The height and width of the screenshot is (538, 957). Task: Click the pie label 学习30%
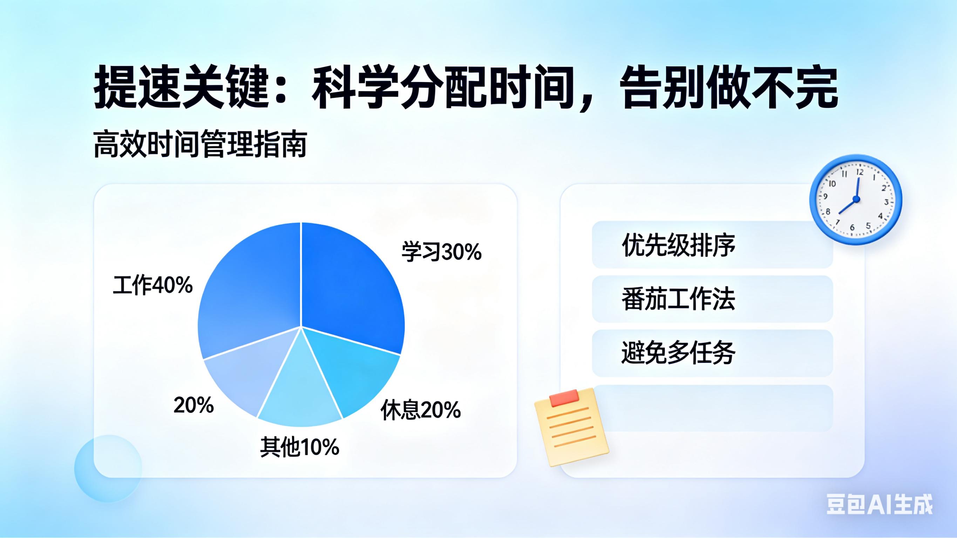[x=441, y=252]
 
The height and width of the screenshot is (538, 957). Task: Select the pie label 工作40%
[x=153, y=285]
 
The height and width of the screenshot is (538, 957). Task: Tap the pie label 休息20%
[x=421, y=410]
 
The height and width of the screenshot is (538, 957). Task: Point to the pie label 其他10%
[x=299, y=447]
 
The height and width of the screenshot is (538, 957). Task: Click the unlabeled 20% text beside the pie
[x=194, y=405]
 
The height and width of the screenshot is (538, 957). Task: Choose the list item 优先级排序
[x=678, y=245]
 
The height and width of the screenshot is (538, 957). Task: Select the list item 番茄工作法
[x=678, y=299]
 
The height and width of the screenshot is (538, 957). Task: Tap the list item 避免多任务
[x=678, y=353]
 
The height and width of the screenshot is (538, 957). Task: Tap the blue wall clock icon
[x=855, y=199]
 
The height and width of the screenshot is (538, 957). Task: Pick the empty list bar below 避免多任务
[x=712, y=408]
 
